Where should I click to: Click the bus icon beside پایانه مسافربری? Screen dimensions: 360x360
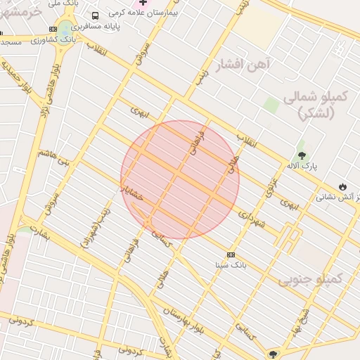96,15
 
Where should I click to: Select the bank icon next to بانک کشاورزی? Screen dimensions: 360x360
53,29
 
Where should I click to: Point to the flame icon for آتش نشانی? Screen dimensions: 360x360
342,186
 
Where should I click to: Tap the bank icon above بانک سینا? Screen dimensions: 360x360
231,254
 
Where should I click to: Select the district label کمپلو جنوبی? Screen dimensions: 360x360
309,280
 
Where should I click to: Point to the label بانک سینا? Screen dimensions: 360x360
231,265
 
